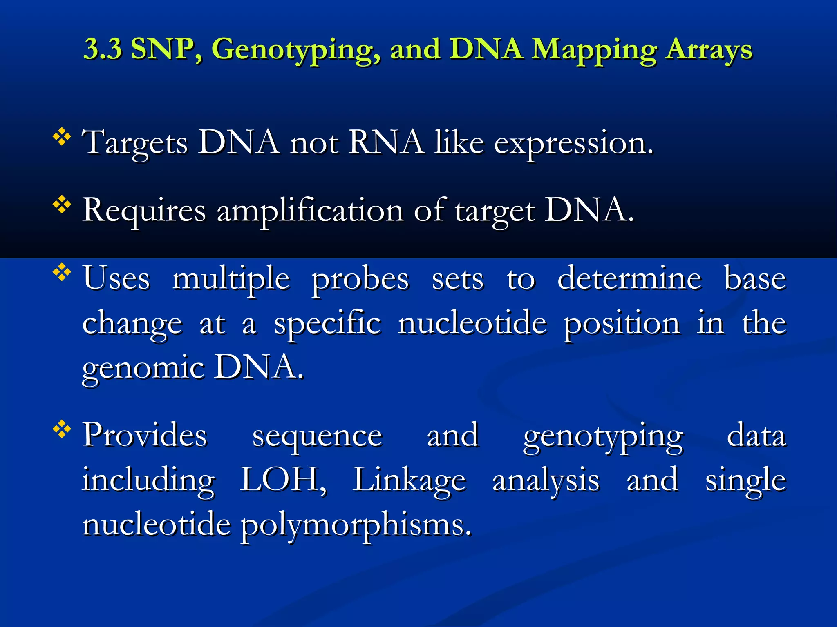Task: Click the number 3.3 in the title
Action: [103, 49]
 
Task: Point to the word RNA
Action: [386, 142]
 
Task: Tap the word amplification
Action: [310, 211]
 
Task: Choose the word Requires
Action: [144, 210]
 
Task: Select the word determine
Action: [629, 278]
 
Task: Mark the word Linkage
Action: [409, 481]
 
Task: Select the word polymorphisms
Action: [356, 526]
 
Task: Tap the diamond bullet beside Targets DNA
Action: [62, 137]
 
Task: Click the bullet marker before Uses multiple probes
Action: [62, 272]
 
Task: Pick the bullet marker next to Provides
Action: [62, 429]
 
